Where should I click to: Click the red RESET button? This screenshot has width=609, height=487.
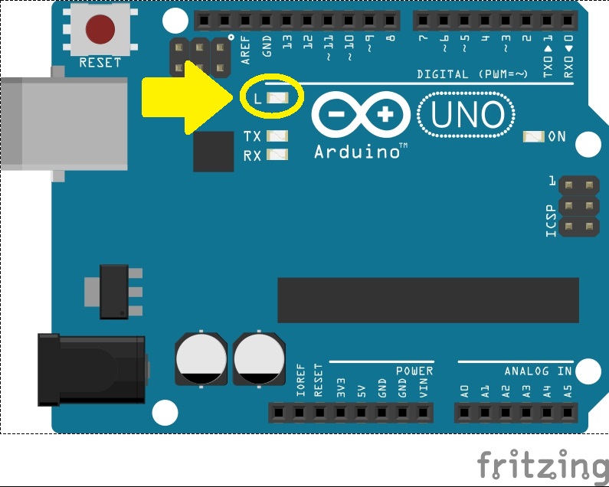pyautogui.click(x=100, y=30)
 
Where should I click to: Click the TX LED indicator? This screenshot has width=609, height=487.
pyautogui.click(x=277, y=136)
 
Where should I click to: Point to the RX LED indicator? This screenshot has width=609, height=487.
pyautogui.click(x=277, y=155)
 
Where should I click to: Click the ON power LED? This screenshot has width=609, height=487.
pyautogui.click(x=533, y=137)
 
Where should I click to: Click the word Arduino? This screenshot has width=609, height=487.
pyautogui.click(x=356, y=152)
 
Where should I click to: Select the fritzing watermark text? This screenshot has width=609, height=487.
pyautogui.click(x=542, y=464)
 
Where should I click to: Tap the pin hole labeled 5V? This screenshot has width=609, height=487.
pyautogui.click(x=361, y=413)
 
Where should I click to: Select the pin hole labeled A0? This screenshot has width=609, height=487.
pyautogui.click(x=465, y=413)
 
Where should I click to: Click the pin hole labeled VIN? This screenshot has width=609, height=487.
pyautogui.click(x=423, y=413)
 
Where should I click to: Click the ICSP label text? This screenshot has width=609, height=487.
pyautogui.click(x=551, y=221)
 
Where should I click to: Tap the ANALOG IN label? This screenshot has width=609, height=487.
pyautogui.click(x=539, y=371)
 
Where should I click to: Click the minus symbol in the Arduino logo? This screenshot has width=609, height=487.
pyautogui.click(x=339, y=116)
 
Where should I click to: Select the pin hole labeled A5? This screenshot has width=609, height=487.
pyautogui.click(x=568, y=413)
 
